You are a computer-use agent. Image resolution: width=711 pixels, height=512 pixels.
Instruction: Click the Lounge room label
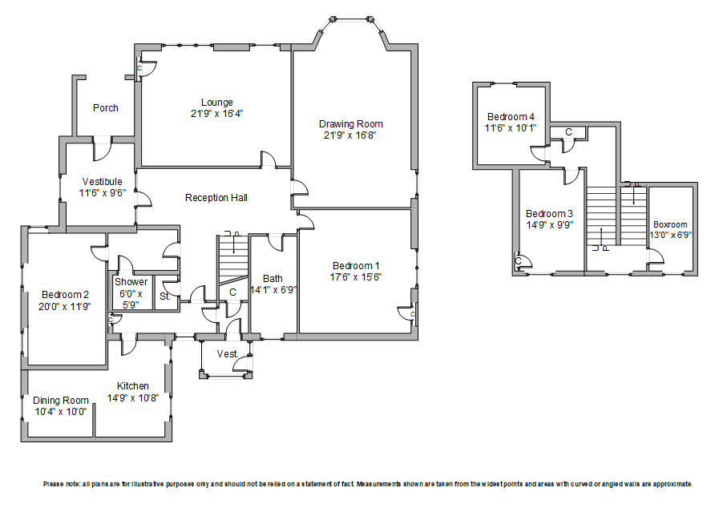point(217,103)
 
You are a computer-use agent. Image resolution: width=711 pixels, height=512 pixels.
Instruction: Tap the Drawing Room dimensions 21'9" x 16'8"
point(350,135)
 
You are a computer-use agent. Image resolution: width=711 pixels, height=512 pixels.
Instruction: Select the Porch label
point(106,108)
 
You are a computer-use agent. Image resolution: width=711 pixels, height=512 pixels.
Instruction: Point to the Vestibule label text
point(102,182)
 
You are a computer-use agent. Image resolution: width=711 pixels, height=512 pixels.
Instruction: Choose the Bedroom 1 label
point(357,266)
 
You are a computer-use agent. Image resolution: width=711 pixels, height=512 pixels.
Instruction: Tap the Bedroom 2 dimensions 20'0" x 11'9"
point(66,305)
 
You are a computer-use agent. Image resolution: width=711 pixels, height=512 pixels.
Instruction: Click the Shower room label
point(131,282)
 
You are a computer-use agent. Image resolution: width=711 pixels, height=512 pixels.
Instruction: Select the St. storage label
point(165,297)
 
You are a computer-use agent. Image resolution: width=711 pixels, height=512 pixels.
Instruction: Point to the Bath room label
point(273,279)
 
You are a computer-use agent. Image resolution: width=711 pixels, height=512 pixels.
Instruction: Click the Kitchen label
point(133,386)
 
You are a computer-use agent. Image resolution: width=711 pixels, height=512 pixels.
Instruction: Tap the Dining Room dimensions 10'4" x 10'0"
point(60,412)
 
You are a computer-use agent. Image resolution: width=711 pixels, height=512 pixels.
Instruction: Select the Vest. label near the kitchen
point(227,353)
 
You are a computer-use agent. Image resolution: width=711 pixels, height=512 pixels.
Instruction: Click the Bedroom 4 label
point(510,117)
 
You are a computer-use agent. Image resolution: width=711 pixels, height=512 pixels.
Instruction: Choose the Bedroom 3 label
point(549,214)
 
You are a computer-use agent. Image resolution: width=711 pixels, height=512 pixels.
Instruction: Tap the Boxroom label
point(670,224)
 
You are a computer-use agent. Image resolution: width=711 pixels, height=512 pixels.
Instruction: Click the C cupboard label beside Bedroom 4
point(568,132)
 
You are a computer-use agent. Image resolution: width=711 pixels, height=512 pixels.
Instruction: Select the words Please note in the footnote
point(62,485)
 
